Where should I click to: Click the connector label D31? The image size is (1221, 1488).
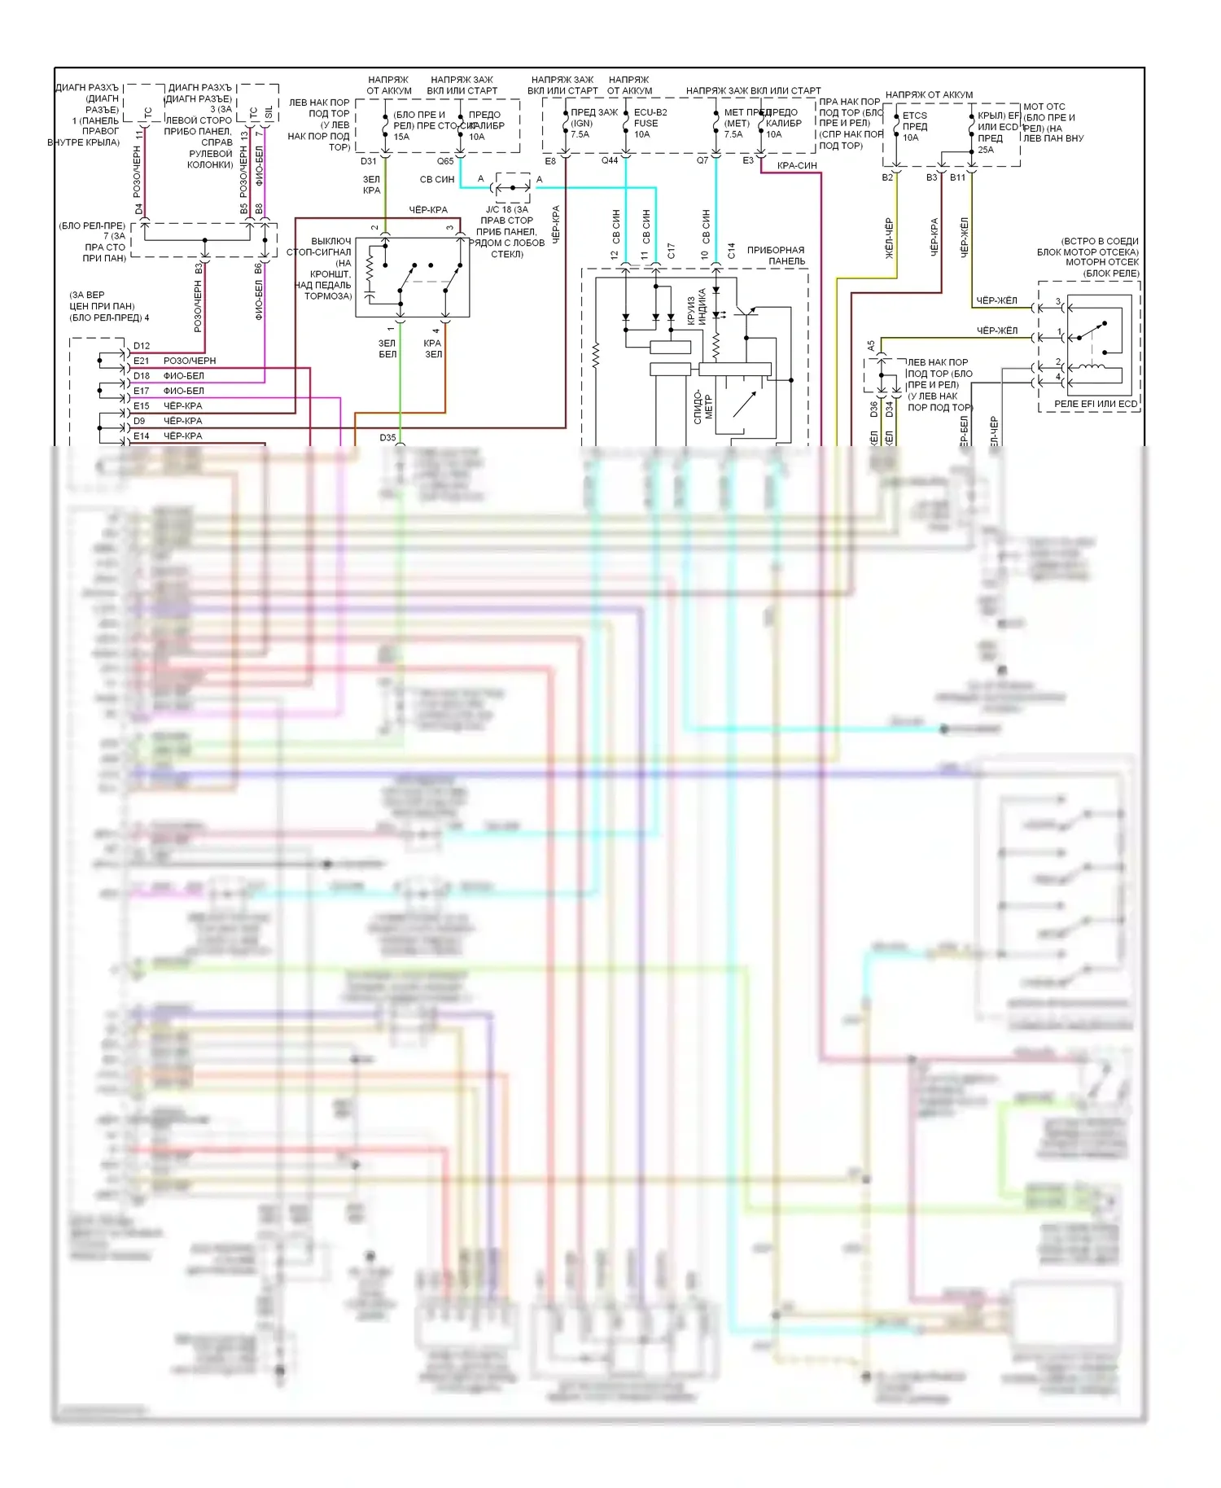[369, 161]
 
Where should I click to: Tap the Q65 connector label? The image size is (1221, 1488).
[445, 161]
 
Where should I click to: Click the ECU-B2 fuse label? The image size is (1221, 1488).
[650, 112]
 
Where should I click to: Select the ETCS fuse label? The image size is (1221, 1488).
[914, 116]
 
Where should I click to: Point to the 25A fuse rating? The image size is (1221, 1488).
[985, 150]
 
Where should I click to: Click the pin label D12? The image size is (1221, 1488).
[142, 346]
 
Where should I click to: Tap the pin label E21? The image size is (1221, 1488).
[142, 361]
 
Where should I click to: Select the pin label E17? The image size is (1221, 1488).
[142, 391]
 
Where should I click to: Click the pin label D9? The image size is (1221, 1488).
[139, 421]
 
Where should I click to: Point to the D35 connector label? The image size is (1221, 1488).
[387, 438]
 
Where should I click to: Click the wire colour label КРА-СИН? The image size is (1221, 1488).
[797, 166]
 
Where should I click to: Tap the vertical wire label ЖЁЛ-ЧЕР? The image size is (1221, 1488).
[889, 238]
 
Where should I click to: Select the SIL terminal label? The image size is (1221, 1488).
[269, 112]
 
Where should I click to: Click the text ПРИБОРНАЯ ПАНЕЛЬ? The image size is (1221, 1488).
[776, 256]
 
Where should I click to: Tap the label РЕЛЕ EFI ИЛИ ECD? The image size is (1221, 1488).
[1096, 404]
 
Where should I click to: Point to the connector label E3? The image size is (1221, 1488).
[748, 161]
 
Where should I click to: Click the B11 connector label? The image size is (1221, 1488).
[957, 177]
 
